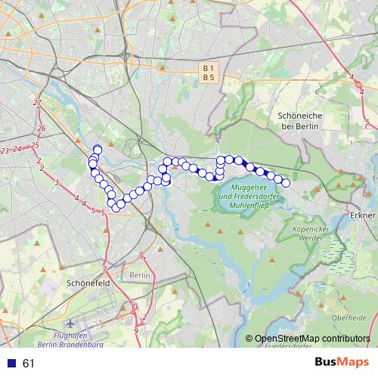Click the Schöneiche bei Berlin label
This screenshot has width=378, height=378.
(x=301, y=120)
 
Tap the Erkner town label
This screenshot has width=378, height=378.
(x=364, y=215)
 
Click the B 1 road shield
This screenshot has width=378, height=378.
(x=209, y=68)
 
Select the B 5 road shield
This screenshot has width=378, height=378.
(x=209, y=77)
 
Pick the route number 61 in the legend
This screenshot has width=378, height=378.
(x=29, y=364)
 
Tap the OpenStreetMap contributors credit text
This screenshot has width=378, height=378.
(x=312, y=339)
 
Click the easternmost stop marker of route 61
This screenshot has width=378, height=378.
(x=286, y=183)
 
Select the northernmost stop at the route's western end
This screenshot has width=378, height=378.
(x=97, y=149)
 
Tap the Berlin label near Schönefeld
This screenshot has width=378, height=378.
(x=140, y=276)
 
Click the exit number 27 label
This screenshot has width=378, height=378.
(x=37, y=102)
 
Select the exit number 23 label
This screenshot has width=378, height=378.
(x=6, y=151)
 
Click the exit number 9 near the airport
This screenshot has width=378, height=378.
(x=136, y=330)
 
